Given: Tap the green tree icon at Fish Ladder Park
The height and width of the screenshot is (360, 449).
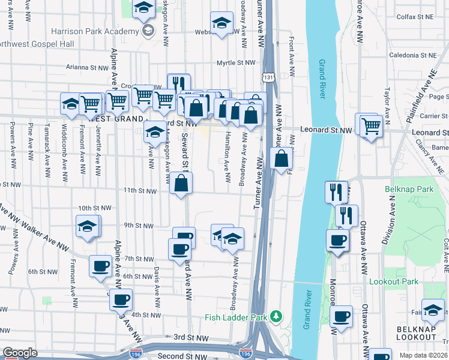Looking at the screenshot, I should tap(276, 316).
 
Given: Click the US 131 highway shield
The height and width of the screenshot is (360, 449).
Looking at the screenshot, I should tap(268, 77).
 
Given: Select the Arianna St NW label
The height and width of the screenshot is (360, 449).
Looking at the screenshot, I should tap(85, 67).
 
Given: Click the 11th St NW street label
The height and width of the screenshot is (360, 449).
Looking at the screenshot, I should tap(140, 191).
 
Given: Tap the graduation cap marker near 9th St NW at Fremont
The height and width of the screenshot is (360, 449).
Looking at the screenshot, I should tap(88, 227).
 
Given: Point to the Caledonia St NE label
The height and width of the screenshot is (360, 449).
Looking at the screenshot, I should tap(412, 55).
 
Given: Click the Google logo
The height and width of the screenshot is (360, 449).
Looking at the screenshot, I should tap(20, 353).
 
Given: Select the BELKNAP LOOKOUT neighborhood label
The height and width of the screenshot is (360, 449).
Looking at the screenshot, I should tap(420, 335).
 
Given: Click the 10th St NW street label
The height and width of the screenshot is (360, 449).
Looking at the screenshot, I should tap(95, 208).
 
